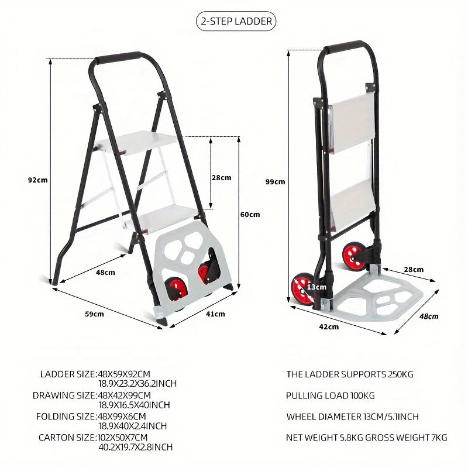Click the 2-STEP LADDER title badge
click(x=236, y=22)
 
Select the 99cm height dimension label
click(x=275, y=181)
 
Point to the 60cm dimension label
click(x=250, y=215)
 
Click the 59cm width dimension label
click(x=94, y=314)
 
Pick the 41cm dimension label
click(x=215, y=314)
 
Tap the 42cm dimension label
click(x=329, y=327)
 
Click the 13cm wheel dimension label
click(x=316, y=287)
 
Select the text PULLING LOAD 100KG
click(x=330, y=396)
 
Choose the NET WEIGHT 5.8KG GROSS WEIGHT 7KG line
click(x=366, y=437)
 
